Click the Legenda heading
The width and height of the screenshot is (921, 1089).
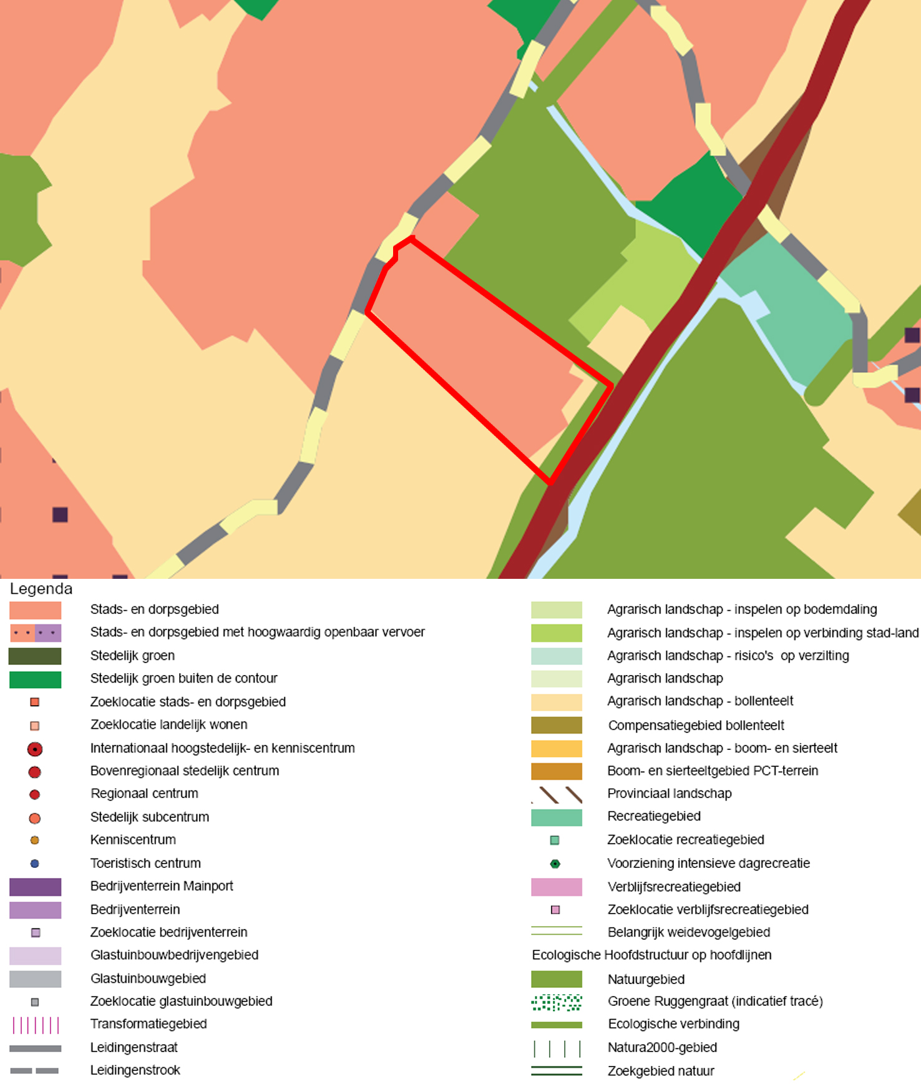(41, 589)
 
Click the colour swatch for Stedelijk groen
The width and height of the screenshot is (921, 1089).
(35, 656)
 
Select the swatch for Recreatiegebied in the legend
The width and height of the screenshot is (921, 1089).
(556, 817)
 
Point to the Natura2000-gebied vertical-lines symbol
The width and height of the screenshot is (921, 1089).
(557, 1048)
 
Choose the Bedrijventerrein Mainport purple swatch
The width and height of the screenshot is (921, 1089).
(35, 887)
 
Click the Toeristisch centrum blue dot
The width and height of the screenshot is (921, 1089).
(35, 864)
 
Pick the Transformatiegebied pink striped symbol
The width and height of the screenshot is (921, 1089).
(36, 1025)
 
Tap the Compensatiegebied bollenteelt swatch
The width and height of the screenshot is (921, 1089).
(556, 725)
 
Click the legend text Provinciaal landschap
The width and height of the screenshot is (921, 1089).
(669, 794)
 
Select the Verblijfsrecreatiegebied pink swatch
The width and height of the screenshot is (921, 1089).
(556, 887)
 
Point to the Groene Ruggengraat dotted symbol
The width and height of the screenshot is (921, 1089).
(557, 1002)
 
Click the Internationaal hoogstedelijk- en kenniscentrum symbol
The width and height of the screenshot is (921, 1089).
(35, 749)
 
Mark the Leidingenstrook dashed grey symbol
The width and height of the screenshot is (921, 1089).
(34, 1071)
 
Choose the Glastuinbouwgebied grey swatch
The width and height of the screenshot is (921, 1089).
(35, 979)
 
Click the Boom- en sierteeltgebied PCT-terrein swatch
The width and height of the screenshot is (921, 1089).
(556, 771)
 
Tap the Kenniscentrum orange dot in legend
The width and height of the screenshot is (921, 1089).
(35, 840)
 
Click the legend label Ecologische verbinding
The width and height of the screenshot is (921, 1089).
(673, 1024)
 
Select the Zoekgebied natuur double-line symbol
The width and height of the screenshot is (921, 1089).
(557, 1071)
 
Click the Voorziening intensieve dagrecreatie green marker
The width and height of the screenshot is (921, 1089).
(555, 864)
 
